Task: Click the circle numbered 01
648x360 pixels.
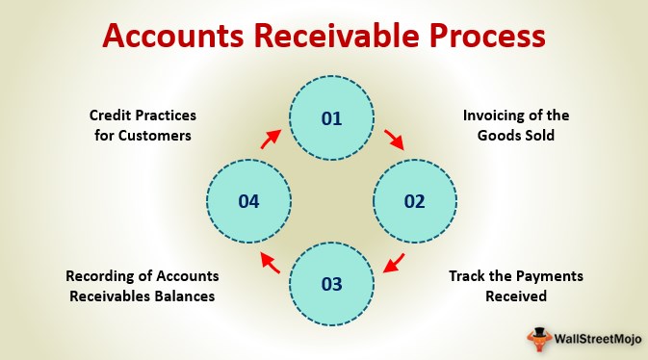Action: click(332, 119)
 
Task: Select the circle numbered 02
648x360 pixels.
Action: click(414, 201)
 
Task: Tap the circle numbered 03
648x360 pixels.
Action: click(332, 283)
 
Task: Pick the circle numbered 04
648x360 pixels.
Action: click(249, 201)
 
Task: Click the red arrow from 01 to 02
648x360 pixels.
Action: click(394, 140)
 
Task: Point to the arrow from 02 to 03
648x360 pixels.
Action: click(394, 263)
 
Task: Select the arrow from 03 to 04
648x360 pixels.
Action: click(271, 263)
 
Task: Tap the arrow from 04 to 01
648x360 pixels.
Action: click(271, 141)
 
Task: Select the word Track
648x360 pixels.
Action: click(469, 276)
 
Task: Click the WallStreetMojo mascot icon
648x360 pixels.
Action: click(538, 337)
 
